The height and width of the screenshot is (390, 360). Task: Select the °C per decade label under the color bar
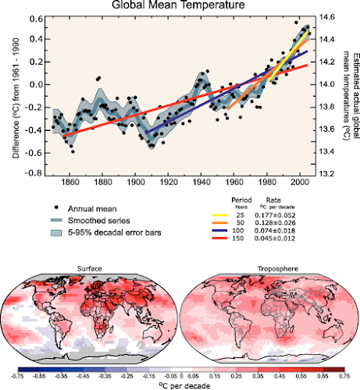click(180, 385)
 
